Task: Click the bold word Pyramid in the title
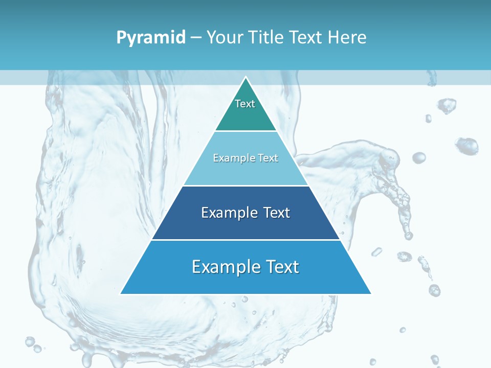point(151,38)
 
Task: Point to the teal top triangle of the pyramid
point(245,115)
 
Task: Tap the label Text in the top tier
point(245,104)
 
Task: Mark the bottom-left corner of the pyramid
point(121,293)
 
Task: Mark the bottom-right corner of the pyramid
point(370,293)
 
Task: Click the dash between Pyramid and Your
point(196,38)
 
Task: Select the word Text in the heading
point(306,37)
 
